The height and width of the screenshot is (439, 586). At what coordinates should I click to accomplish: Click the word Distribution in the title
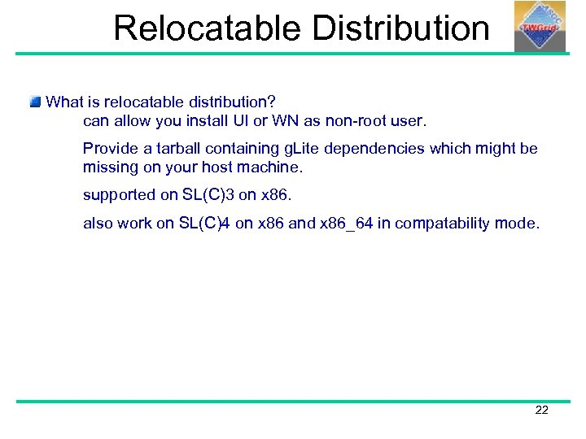400,28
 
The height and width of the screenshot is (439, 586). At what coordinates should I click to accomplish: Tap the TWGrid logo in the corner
540,26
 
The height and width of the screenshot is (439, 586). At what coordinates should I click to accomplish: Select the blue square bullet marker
35,102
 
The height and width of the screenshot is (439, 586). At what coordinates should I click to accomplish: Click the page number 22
541,410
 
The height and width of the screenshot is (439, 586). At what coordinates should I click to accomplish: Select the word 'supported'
118,195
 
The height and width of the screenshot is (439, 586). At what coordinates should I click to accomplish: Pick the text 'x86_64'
347,223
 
